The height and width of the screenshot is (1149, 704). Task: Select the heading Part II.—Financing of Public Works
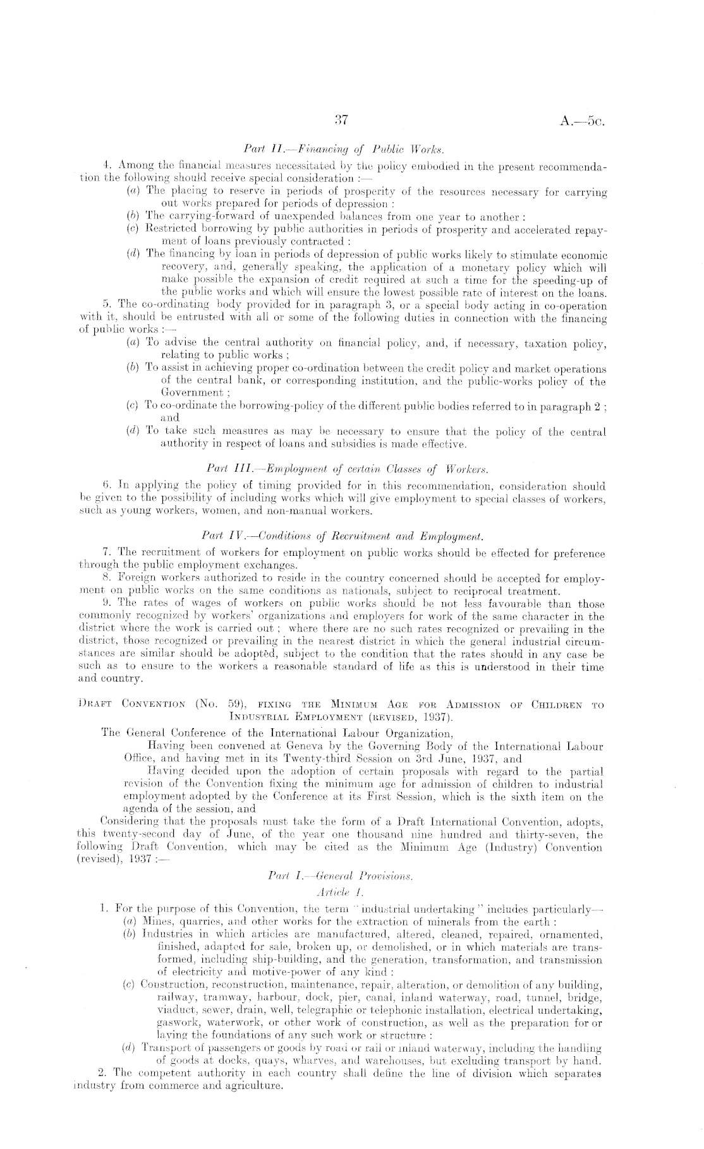click(352, 150)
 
